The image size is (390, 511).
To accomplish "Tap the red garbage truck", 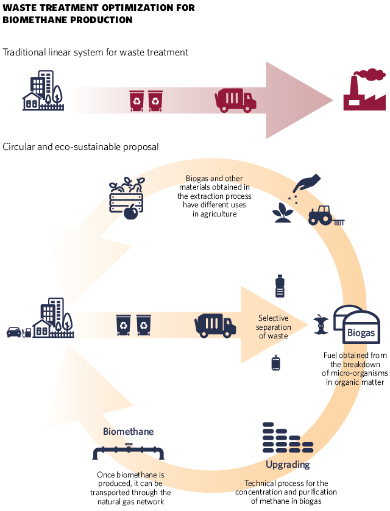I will pyautogui.click(x=235, y=100).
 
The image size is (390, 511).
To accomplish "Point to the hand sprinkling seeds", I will pyautogui.click(x=308, y=183).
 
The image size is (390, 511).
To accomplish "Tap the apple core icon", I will pyautogui.click(x=321, y=325).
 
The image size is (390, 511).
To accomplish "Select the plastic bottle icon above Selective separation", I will pyautogui.click(x=280, y=285).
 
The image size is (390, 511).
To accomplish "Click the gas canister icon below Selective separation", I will pyautogui.click(x=275, y=363).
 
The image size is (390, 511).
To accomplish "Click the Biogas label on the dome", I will pyautogui.click(x=361, y=334).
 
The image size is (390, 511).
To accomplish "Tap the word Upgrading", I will pyautogui.click(x=288, y=465).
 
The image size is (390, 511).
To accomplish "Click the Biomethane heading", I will pyautogui.click(x=128, y=432).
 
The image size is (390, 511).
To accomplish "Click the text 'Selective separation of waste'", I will pyautogui.click(x=274, y=327).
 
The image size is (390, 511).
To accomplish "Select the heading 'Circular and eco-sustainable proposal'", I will pyautogui.click(x=81, y=147).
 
